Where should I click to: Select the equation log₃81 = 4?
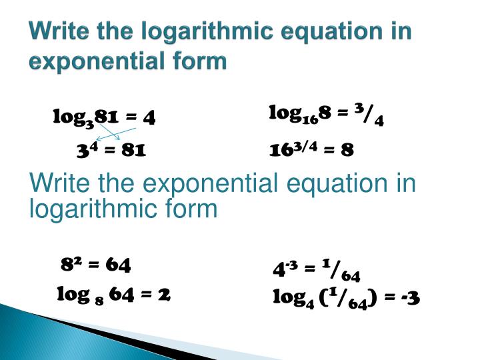pyautogui.click(x=105, y=118)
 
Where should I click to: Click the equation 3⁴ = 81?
pyautogui.click(x=111, y=151)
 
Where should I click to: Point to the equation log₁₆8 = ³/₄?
pyautogui.click(x=326, y=115)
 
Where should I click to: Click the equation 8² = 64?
pyautogui.click(x=96, y=265)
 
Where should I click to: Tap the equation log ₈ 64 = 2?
pyautogui.click(x=114, y=293)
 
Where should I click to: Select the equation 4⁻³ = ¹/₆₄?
pyautogui.click(x=317, y=270)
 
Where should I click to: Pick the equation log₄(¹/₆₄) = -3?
pyautogui.click(x=346, y=297)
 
